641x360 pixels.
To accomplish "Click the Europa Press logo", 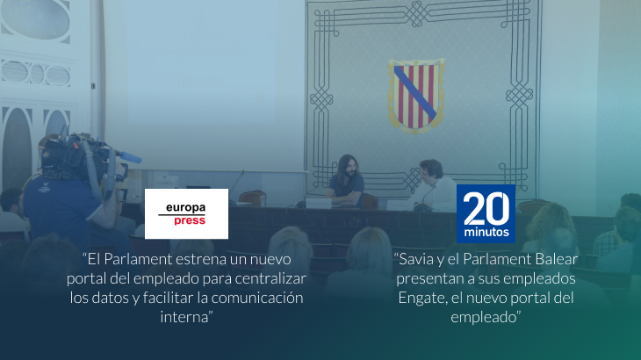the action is point(186,213).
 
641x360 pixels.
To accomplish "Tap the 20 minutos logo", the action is point(486,213).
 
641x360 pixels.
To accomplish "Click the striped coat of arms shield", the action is point(416,96).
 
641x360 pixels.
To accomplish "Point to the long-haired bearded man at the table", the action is point(346,181).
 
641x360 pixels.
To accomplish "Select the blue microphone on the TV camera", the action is point(130,157).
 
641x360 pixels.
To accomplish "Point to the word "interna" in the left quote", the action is point(184,317).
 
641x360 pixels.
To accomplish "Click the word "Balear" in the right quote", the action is point(558,260).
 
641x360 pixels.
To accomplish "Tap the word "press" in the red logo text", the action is point(190,221).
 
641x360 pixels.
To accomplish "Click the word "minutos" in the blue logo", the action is point(486,232).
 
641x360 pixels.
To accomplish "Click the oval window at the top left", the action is point(35,18).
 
